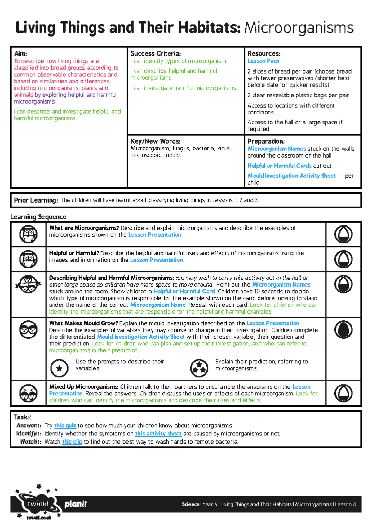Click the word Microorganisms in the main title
coord(299,28)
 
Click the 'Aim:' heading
coord(20,54)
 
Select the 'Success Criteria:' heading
coord(156,54)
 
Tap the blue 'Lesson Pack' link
coord(263,61)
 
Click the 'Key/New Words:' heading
coord(155,141)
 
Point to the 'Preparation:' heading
coord(266,141)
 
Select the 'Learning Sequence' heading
coord(38,217)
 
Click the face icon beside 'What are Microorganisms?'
coord(28,234)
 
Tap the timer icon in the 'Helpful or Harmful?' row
coord(343,259)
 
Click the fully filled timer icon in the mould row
coord(343,329)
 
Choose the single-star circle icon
coord(59,368)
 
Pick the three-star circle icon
coord(199,368)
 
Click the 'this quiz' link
coord(65,426)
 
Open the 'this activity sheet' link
coord(158,434)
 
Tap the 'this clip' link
coord(72,442)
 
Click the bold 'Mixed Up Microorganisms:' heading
coord(84,387)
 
